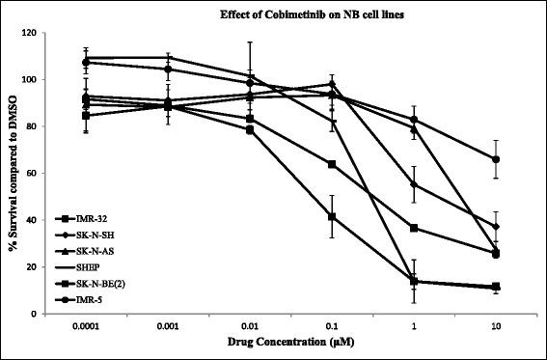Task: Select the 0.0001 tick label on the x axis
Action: (87, 327)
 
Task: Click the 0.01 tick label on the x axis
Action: (250, 327)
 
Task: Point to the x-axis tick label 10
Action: (495, 327)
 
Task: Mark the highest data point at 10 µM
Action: (495, 159)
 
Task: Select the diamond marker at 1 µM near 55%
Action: (414, 184)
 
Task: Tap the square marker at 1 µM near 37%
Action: (414, 228)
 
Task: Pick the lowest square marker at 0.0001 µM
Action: (87, 116)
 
